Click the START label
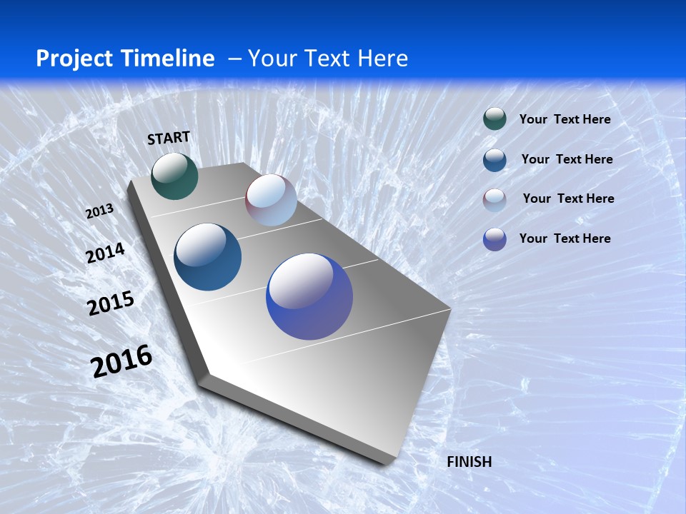(x=169, y=138)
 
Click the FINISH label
(x=469, y=462)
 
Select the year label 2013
(x=99, y=211)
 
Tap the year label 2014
(x=105, y=253)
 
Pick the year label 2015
(x=111, y=303)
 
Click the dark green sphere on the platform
(x=174, y=176)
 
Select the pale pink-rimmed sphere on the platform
(x=271, y=200)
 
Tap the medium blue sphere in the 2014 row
(x=207, y=257)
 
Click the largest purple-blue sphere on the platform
(x=309, y=296)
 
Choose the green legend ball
(x=494, y=119)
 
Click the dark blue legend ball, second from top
(x=494, y=160)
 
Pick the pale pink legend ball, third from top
(x=494, y=200)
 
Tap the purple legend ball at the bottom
(x=494, y=239)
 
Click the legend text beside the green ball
(x=565, y=119)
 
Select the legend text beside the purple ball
(x=565, y=238)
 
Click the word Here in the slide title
(x=382, y=59)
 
